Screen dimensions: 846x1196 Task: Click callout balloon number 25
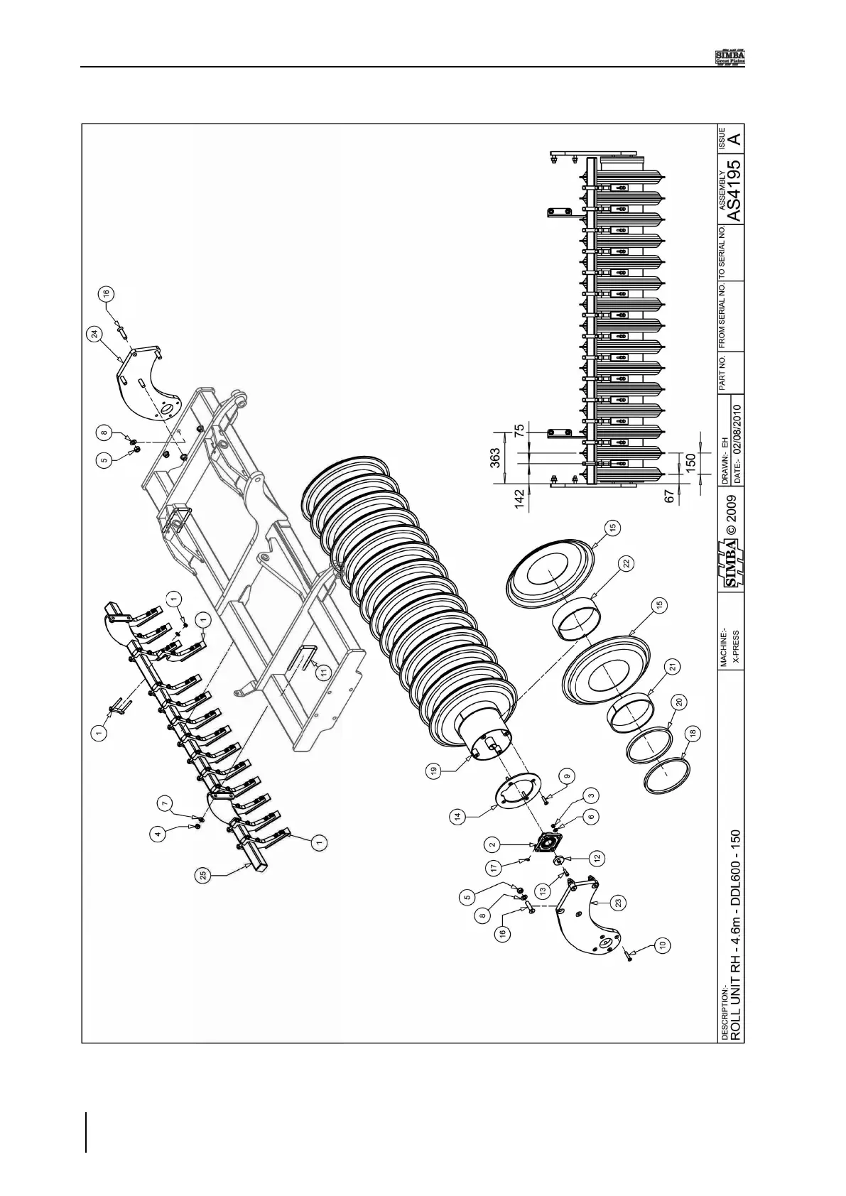coord(204,878)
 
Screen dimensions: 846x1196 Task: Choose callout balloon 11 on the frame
coord(323,673)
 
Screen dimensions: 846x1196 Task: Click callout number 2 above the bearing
coord(492,844)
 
